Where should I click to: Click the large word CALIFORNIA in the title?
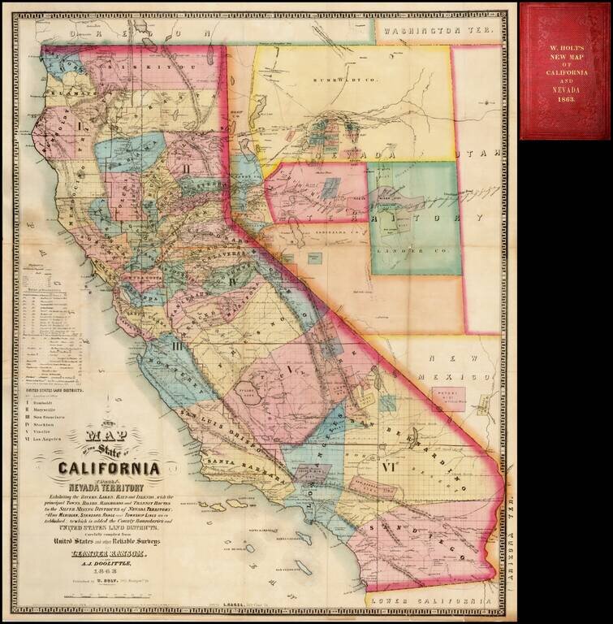[108, 469]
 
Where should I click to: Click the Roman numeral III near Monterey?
[177, 347]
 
